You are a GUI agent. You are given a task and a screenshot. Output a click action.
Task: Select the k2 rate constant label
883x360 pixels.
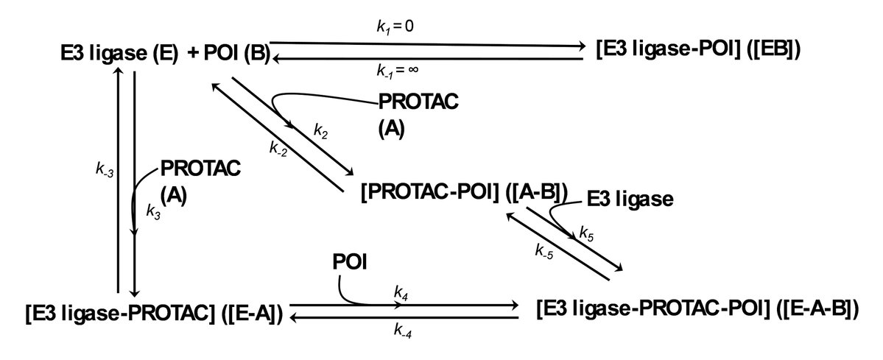tap(322, 130)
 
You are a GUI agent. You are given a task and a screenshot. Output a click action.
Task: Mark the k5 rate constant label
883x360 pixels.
tap(587, 233)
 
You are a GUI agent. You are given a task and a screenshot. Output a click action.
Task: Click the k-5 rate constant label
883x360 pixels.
tap(546, 250)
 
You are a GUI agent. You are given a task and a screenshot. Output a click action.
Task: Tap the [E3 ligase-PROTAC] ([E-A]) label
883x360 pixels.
tap(154, 312)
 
